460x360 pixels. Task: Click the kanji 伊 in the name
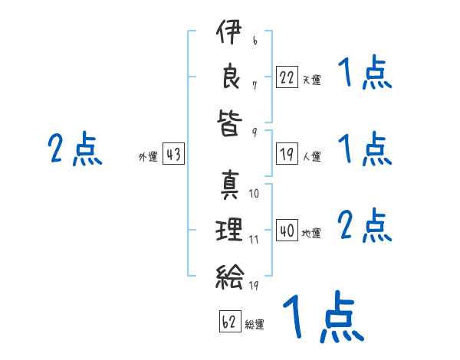click(x=229, y=31)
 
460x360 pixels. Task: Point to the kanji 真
click(x=230, y=185)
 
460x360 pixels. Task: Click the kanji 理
click(x=229, y=229)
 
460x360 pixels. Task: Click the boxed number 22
click(x=287, y=77)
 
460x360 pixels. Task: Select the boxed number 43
click(x=173, y=153)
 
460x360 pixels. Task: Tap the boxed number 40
click(x=287, y=230)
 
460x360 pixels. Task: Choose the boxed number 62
click(x=230, y=321)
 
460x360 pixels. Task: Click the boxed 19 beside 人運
click(x=287, y=153)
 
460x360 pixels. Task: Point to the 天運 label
click(x=311, y=80)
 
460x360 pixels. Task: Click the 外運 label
click(x=148, y=156)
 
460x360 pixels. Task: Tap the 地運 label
click(x=311, y=233)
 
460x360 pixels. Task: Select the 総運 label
click(x=255, y=324)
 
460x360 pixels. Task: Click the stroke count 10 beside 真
click(x=254, y=194)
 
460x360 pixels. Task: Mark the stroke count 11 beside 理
click(x=254, y=240)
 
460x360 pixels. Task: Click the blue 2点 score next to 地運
click(x=365, y=225)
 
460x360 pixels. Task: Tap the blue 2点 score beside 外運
click(x=75, y=149)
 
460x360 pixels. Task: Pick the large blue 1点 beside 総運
click(x=324, y=316)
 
